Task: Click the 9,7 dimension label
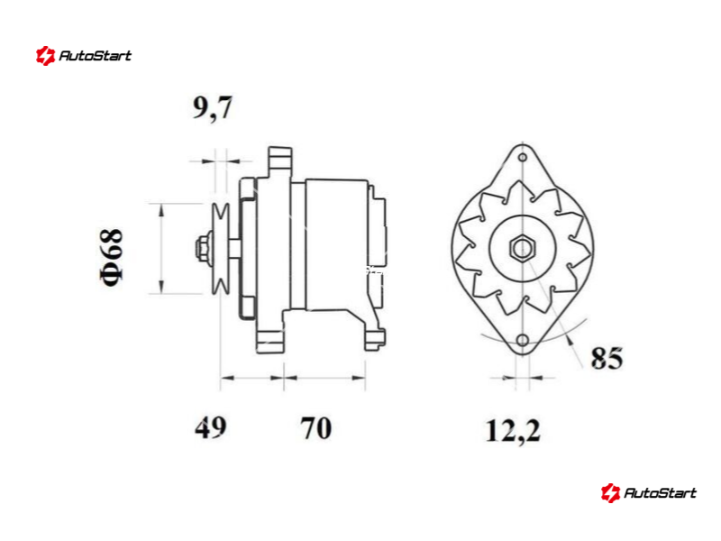pos(213,108)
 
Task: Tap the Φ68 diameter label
pos(112,257)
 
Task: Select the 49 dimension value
pos(211,427)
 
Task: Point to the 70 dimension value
pos(316,427)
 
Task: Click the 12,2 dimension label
pos(513,432)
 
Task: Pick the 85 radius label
pos(607,358)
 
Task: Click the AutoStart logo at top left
pos(84,56)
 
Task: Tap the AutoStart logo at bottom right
pos(648,492)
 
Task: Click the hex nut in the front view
pos(523,249)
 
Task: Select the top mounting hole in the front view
pos(523,157)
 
